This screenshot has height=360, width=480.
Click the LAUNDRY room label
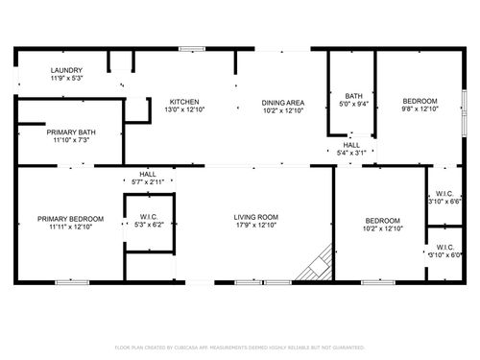pyautogui.click(x=66, y=70)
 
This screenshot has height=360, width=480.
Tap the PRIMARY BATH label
pyautogui.click(x=70, y=132)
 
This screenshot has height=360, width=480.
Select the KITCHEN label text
pyautogui.click(x=184, y=102)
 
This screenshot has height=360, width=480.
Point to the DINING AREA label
pyautogui.click(x=283, y=102)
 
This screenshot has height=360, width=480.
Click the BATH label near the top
pyautogui.click(x=352, y=95)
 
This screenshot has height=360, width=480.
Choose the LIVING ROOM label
pyautogui.click(x=255, y=218)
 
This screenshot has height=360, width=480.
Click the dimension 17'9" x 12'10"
pyautogui.click(x=255, y=227)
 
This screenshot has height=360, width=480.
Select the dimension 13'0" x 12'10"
pyautogui.click(x=184, y=110)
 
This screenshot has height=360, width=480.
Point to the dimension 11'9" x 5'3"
pyautogui.click(x=66, y=78)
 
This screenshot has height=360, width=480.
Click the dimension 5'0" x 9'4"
pyautogui.click(x=352, y=104)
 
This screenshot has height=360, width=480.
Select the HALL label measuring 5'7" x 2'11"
pyautogui.click(x=147, y=174)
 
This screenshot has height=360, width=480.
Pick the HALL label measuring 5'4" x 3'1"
pyautogui.click(x=351, y=144)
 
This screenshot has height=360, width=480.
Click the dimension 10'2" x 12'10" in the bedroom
pyautogui.click(x=381, y=228)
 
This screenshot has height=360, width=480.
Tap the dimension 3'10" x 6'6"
pyautogui.click(x=444, y=202)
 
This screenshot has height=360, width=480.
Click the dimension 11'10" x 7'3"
pyautogui.click(x=70, y=141)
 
